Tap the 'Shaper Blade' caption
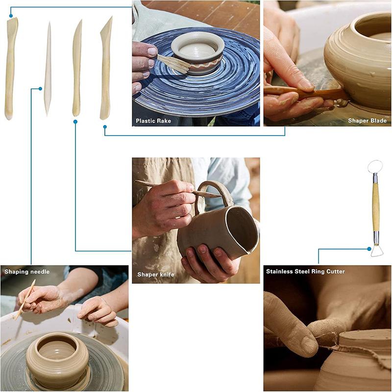(367, 121)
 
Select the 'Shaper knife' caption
(155, 275)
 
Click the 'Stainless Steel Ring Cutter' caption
(305, 271)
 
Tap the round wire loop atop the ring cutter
(375, 166)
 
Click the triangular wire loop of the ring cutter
(377, 251)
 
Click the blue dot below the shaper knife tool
(75, 122)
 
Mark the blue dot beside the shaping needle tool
(40, 89)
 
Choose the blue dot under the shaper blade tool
(105, 127)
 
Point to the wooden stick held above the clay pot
(25, 298)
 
